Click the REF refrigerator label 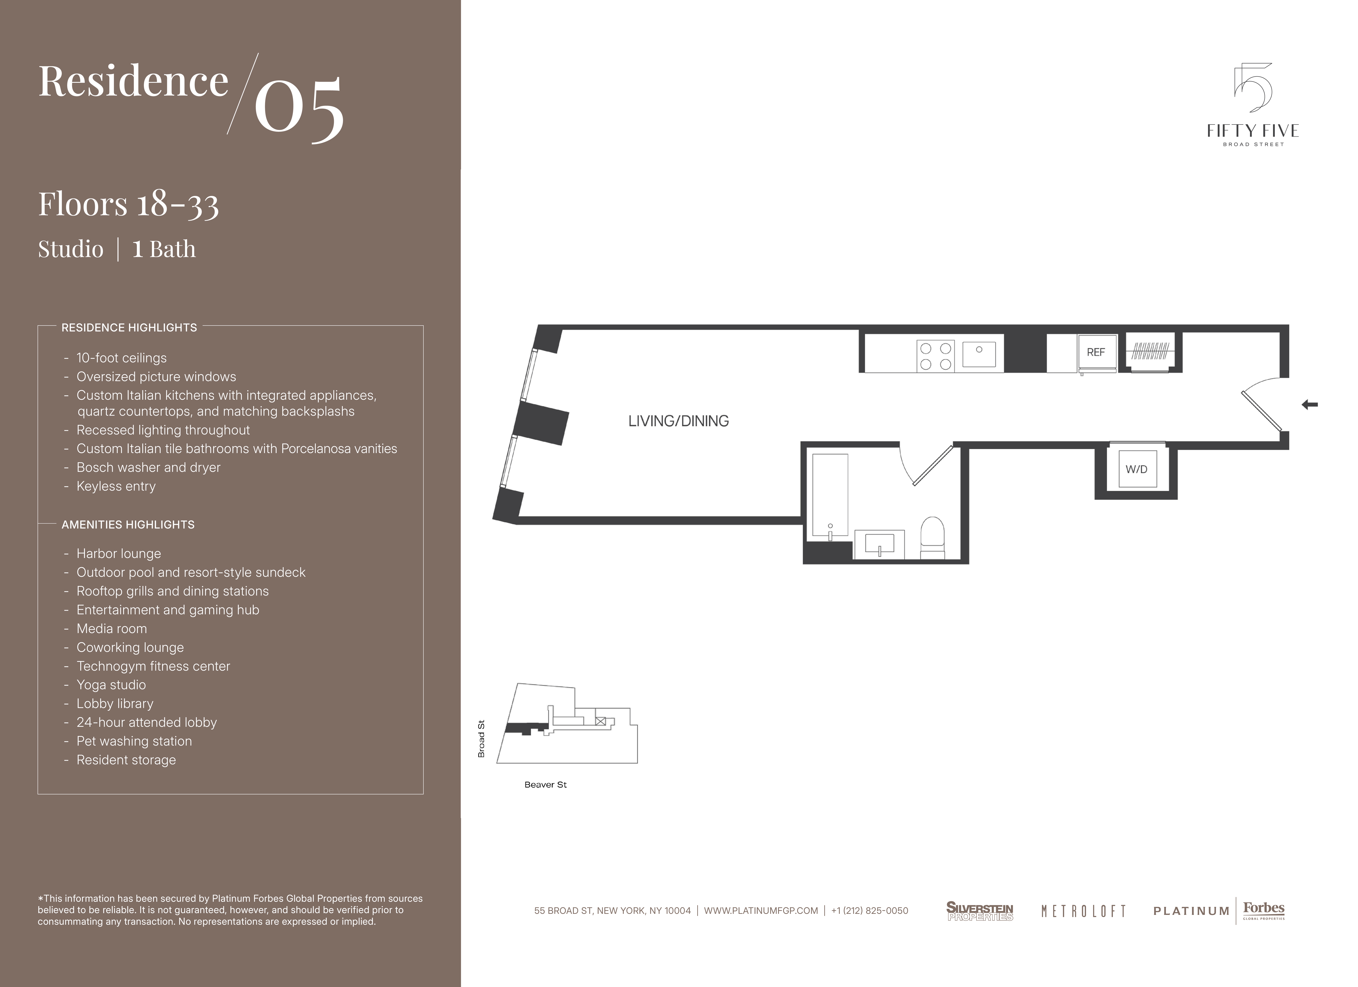[1096, 352]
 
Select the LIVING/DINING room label [678, 421]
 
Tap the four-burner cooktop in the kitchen [935, 356]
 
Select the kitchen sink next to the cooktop [979, 354]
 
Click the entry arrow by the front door [1310, 405]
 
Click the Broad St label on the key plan [481, 739]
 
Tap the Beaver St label [545, 785]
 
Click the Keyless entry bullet [116, 486]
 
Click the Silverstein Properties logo [980, 911]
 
